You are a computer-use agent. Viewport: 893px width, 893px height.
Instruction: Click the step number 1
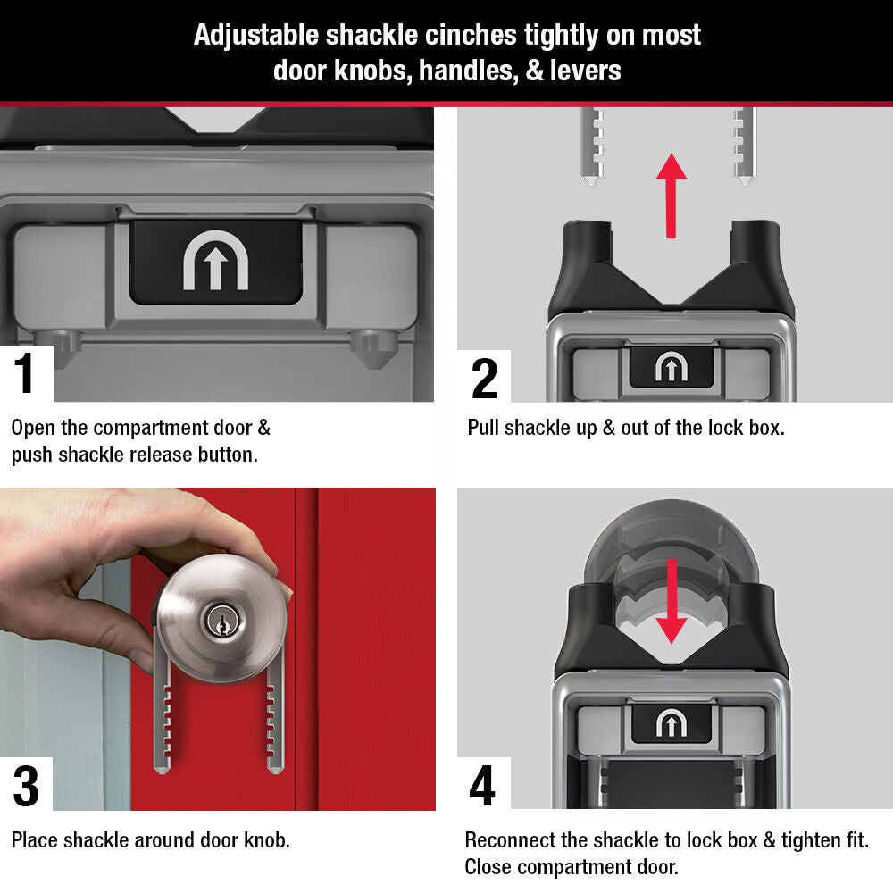click(x=25, y=374)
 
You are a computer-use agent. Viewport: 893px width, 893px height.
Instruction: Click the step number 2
click(x=484, y=378)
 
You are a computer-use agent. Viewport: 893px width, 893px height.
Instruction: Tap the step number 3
click(x=26, y=786)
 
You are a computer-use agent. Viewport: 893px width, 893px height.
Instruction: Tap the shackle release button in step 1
click(x=215, y=261)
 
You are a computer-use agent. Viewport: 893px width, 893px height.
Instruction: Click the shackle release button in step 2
click(x=671, y=367)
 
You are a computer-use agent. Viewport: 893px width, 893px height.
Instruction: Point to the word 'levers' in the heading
click(x=586, y=71)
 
